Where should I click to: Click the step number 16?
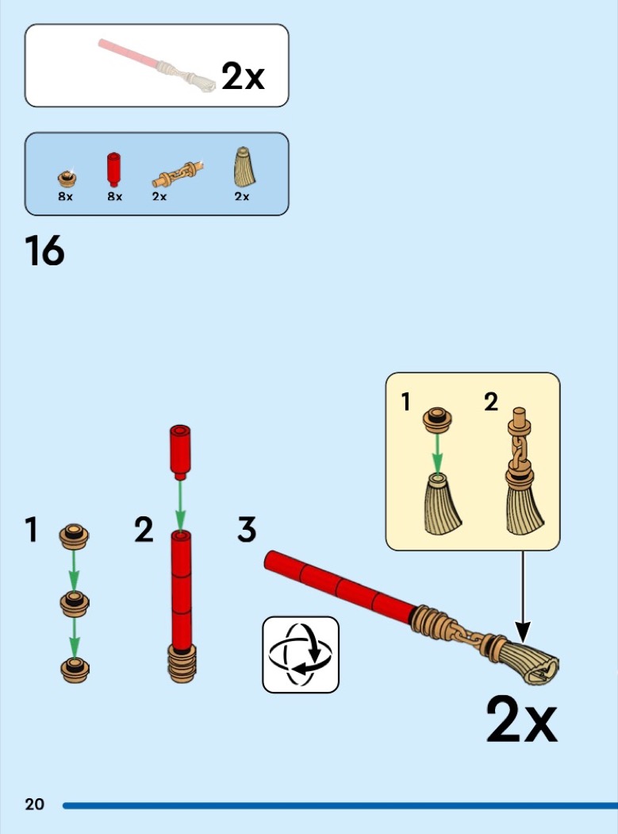(x=44, y=250)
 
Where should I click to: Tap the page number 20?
(x=35, y=804)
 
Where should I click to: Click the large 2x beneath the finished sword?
(x=522, y=720)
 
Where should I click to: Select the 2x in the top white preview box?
(x=243, y=76)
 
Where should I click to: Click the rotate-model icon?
(x=301, y=654)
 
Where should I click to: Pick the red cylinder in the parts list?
(x=113, y=170)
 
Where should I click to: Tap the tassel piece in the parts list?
(x=244, y=167)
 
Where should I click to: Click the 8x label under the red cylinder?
(x=115, y=196)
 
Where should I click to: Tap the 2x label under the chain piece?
(x=159, y=196)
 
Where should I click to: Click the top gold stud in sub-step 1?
(x=74, y=536)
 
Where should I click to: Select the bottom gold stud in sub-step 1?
(x=75, y=670)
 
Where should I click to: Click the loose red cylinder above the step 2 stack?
(x=180, y=453)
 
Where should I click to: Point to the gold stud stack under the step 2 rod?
(x=182, y=663)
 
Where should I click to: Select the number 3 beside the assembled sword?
(x=247, y=530)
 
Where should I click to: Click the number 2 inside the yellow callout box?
(x=491, y=402)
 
